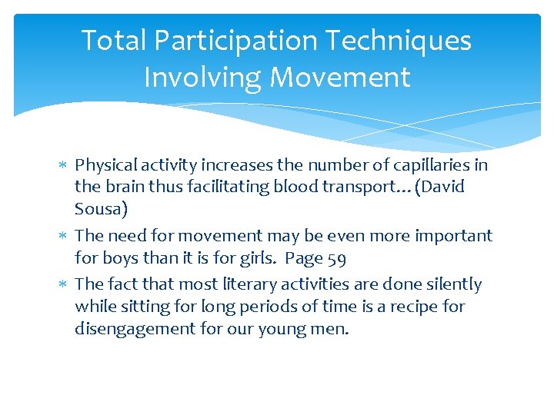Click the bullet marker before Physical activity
pyautogui.click(x=63, y=165)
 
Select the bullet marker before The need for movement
pyautogui.click(x=63, y=236)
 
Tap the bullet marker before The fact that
pyautogui.click(x=63, y=284)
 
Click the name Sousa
pyautogui.click(x=98, y=208)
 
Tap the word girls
pyautogui.click(x=251, y=257)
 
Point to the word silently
pyautogui.click(x=453, y=284)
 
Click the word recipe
pyautogui.click(x=416, y=306)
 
